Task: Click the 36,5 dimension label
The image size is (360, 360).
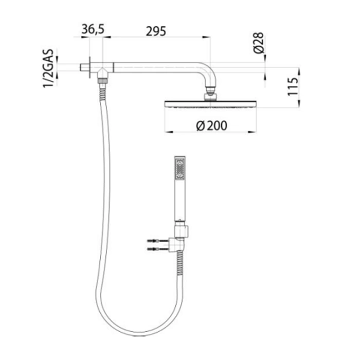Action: coord(93,29)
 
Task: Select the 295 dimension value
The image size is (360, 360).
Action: coord(156,31)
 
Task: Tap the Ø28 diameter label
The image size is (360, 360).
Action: coord(259,43)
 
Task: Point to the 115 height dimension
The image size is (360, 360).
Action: coord(293,86)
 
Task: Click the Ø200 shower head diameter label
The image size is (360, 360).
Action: coord(212,125)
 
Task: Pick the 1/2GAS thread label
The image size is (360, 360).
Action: coord(48,68)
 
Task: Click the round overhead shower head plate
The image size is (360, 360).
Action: coord(210,104)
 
